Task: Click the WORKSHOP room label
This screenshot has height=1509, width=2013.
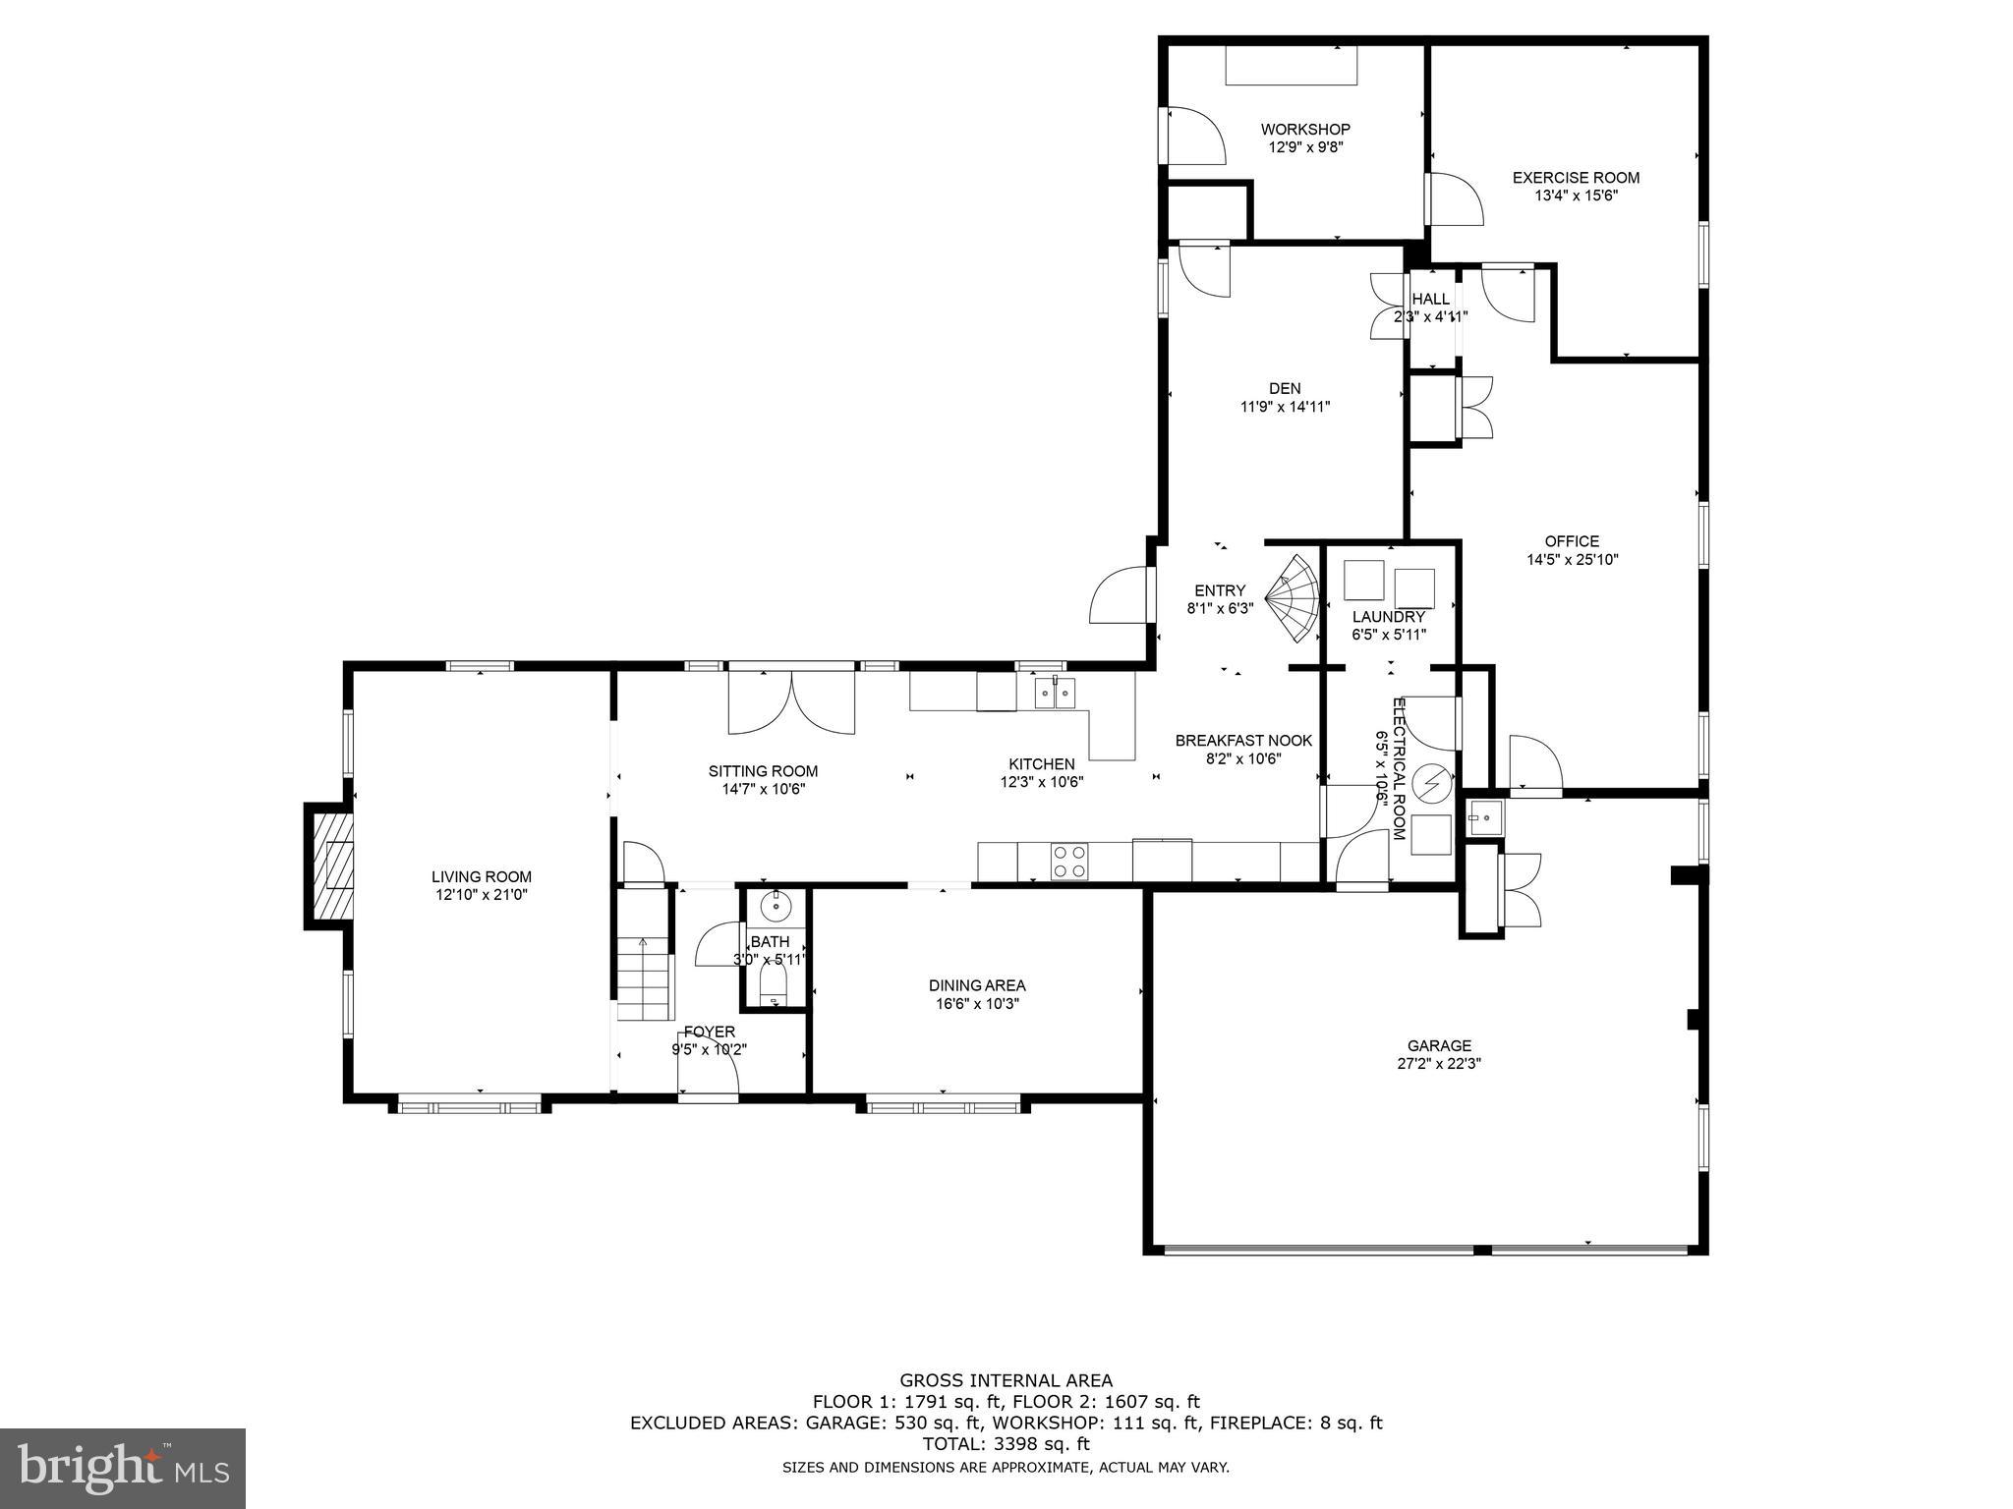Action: (x=1305, y=129)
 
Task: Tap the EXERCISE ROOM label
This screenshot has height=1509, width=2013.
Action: (x=1576, y=178)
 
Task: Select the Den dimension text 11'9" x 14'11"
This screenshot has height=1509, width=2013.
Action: (x=1285, y=407)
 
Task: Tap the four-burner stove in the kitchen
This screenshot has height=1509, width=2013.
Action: (x=1069, y=862)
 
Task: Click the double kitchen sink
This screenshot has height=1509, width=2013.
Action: (x=1055, y=694)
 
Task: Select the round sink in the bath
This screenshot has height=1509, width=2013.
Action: (x=776, y=905)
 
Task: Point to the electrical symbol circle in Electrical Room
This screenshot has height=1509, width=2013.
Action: (x=1431, y=783)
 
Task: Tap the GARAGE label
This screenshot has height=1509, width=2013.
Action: (x=1439, y=1045)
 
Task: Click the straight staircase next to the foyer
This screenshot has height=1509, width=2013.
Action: (x=644, y=978)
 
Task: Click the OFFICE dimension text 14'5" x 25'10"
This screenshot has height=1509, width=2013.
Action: (x=1572, y=560)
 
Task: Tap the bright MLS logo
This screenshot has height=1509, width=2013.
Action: (x=123, y=1468)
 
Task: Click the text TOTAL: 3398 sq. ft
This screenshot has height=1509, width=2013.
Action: (x=1006, y=1444)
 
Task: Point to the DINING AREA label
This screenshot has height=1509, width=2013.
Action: (x=976, y=985)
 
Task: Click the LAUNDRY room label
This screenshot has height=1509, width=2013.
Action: (x=1388, y=617)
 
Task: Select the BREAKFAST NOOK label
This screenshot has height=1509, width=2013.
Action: (x=1243, y=740)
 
